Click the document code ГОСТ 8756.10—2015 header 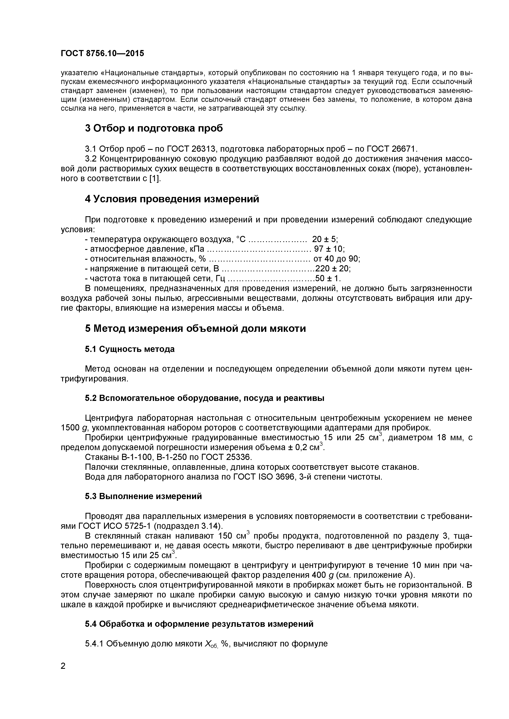(102, 53)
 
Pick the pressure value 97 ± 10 (329, 249)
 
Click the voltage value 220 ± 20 (333, 269)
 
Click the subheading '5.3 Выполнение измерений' (143, 496)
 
